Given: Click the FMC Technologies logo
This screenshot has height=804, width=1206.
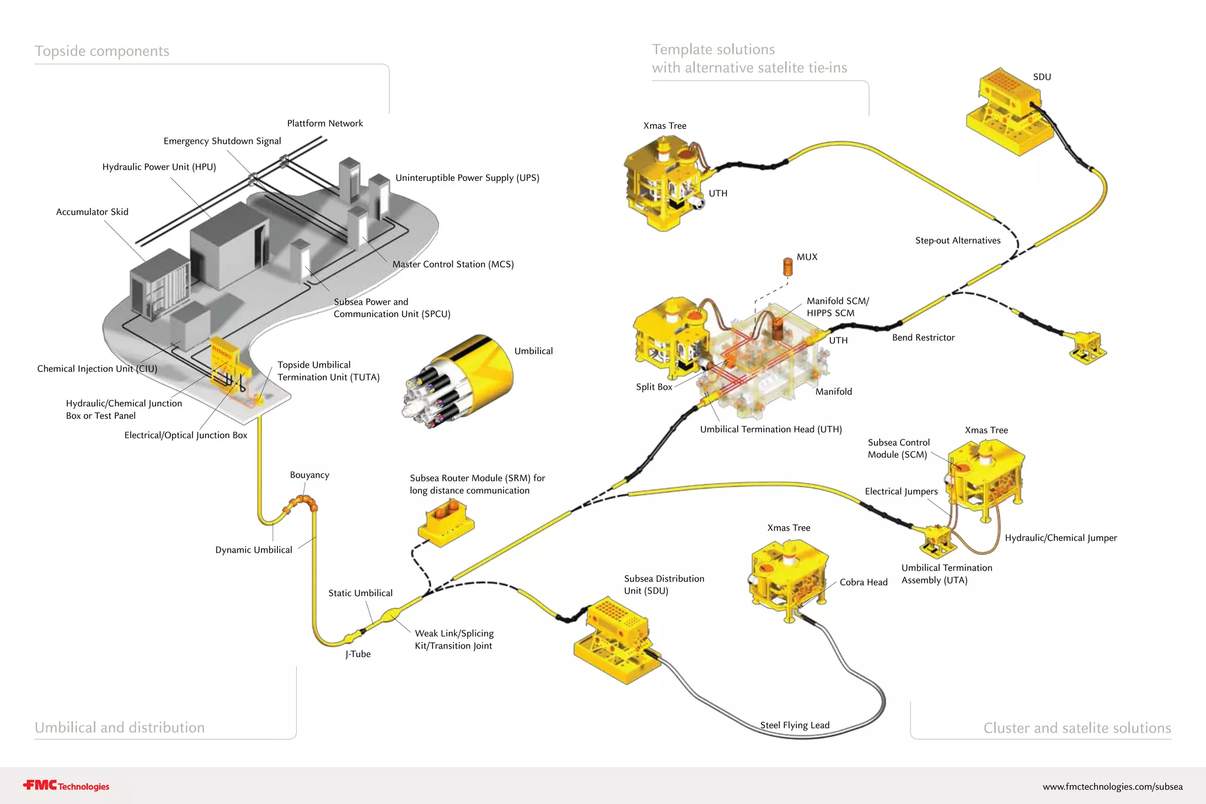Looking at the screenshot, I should (66, 786).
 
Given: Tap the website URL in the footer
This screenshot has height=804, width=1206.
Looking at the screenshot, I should (1112, 786).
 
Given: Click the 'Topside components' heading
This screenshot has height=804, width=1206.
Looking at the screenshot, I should (102, 51).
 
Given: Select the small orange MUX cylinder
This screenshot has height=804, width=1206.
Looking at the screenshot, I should (787, 266).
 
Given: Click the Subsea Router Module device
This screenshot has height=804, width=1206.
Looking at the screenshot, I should (446, 520).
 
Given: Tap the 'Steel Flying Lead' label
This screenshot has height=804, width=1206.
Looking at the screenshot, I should (794, 725).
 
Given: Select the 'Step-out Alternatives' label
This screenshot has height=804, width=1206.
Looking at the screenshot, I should (957, 240).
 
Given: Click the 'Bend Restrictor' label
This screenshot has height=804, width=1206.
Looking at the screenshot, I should (923, 338).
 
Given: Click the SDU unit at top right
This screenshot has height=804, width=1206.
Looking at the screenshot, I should (1008, 112).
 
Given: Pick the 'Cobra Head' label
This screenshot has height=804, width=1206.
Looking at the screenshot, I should (863, 582).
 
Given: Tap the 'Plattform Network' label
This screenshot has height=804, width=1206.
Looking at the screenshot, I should (324, 123).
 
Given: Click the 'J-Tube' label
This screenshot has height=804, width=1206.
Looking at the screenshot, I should (358, 654).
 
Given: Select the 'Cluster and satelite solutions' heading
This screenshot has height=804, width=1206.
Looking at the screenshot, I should (1076, 728).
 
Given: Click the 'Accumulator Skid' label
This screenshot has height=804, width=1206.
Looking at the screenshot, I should (92, 211).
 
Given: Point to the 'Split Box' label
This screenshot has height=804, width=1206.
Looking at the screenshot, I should (654, 387).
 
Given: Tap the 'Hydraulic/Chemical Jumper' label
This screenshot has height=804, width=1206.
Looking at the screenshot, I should (1060, 538).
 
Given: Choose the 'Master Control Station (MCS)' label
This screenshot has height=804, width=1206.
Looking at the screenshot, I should (453, 264).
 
